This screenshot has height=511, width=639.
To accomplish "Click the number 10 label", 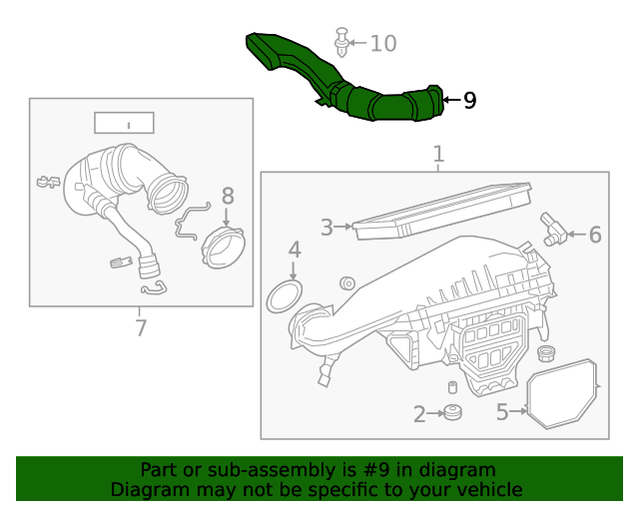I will coord(383,43).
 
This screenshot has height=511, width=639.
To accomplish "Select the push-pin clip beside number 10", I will coord(342,44).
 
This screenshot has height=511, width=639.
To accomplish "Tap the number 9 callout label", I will coord(469,100).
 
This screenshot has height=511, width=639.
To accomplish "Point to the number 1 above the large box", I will coord(437,155).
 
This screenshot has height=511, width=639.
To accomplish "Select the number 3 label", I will coord(326,228).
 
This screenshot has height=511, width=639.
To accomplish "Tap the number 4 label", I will coord(295,250).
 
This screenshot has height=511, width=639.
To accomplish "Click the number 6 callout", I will coord(595,236).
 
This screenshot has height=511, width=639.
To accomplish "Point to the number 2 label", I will coord(419,413).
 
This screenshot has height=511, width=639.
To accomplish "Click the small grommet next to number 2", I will coord(452,412).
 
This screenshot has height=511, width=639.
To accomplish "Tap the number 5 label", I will coord(502,411).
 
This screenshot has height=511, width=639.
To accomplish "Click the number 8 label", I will coord(228,197).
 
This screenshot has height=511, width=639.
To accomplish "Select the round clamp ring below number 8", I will coord(223,249).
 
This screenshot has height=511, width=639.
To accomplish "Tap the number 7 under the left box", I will coord(140,327).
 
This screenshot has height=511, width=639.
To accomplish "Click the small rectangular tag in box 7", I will coord(124,123).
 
